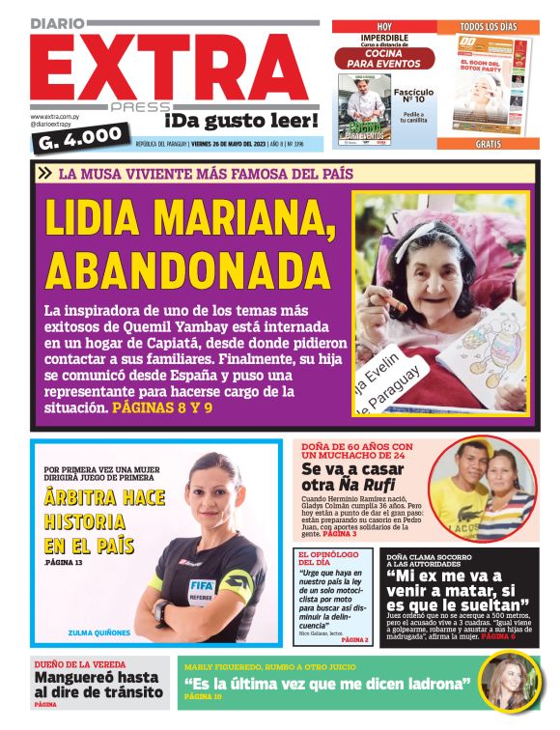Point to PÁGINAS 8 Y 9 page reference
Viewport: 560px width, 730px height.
point(162,408)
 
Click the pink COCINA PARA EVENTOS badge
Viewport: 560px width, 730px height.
point(385,57)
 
